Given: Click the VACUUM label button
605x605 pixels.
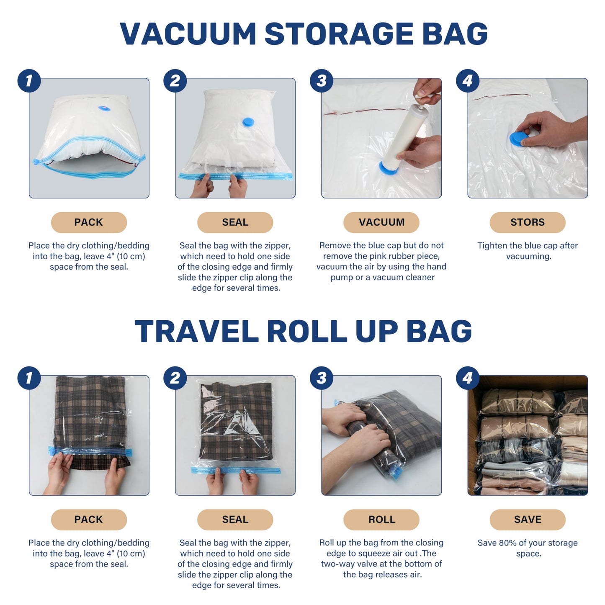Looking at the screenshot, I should point(381,222).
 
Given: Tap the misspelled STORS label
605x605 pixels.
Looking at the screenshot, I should point(527,222).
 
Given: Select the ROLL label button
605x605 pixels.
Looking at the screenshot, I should point(381,520).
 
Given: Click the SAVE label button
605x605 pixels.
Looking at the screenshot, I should point(527,520).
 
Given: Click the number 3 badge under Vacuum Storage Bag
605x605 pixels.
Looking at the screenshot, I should point(321,81).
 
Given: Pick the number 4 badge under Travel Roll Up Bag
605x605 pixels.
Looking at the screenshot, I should point(467,378).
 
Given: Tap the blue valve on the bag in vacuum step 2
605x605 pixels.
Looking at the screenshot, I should point(248,122).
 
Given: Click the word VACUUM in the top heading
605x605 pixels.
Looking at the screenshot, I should point(188,33).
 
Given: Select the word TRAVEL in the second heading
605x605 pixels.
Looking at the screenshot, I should point(196,331).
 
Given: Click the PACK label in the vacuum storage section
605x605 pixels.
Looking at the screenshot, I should point(89,222).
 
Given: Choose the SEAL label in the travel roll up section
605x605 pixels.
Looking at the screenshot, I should point(235,520).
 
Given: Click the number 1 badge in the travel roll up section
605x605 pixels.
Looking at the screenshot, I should point(29,378).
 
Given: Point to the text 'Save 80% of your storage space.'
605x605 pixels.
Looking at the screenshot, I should point(527,548).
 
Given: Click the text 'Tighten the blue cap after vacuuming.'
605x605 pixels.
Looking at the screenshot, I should point(527,251).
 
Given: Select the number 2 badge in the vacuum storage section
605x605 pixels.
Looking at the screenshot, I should point(175,81).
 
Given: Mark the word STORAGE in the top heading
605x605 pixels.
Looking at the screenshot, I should point(339,33).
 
